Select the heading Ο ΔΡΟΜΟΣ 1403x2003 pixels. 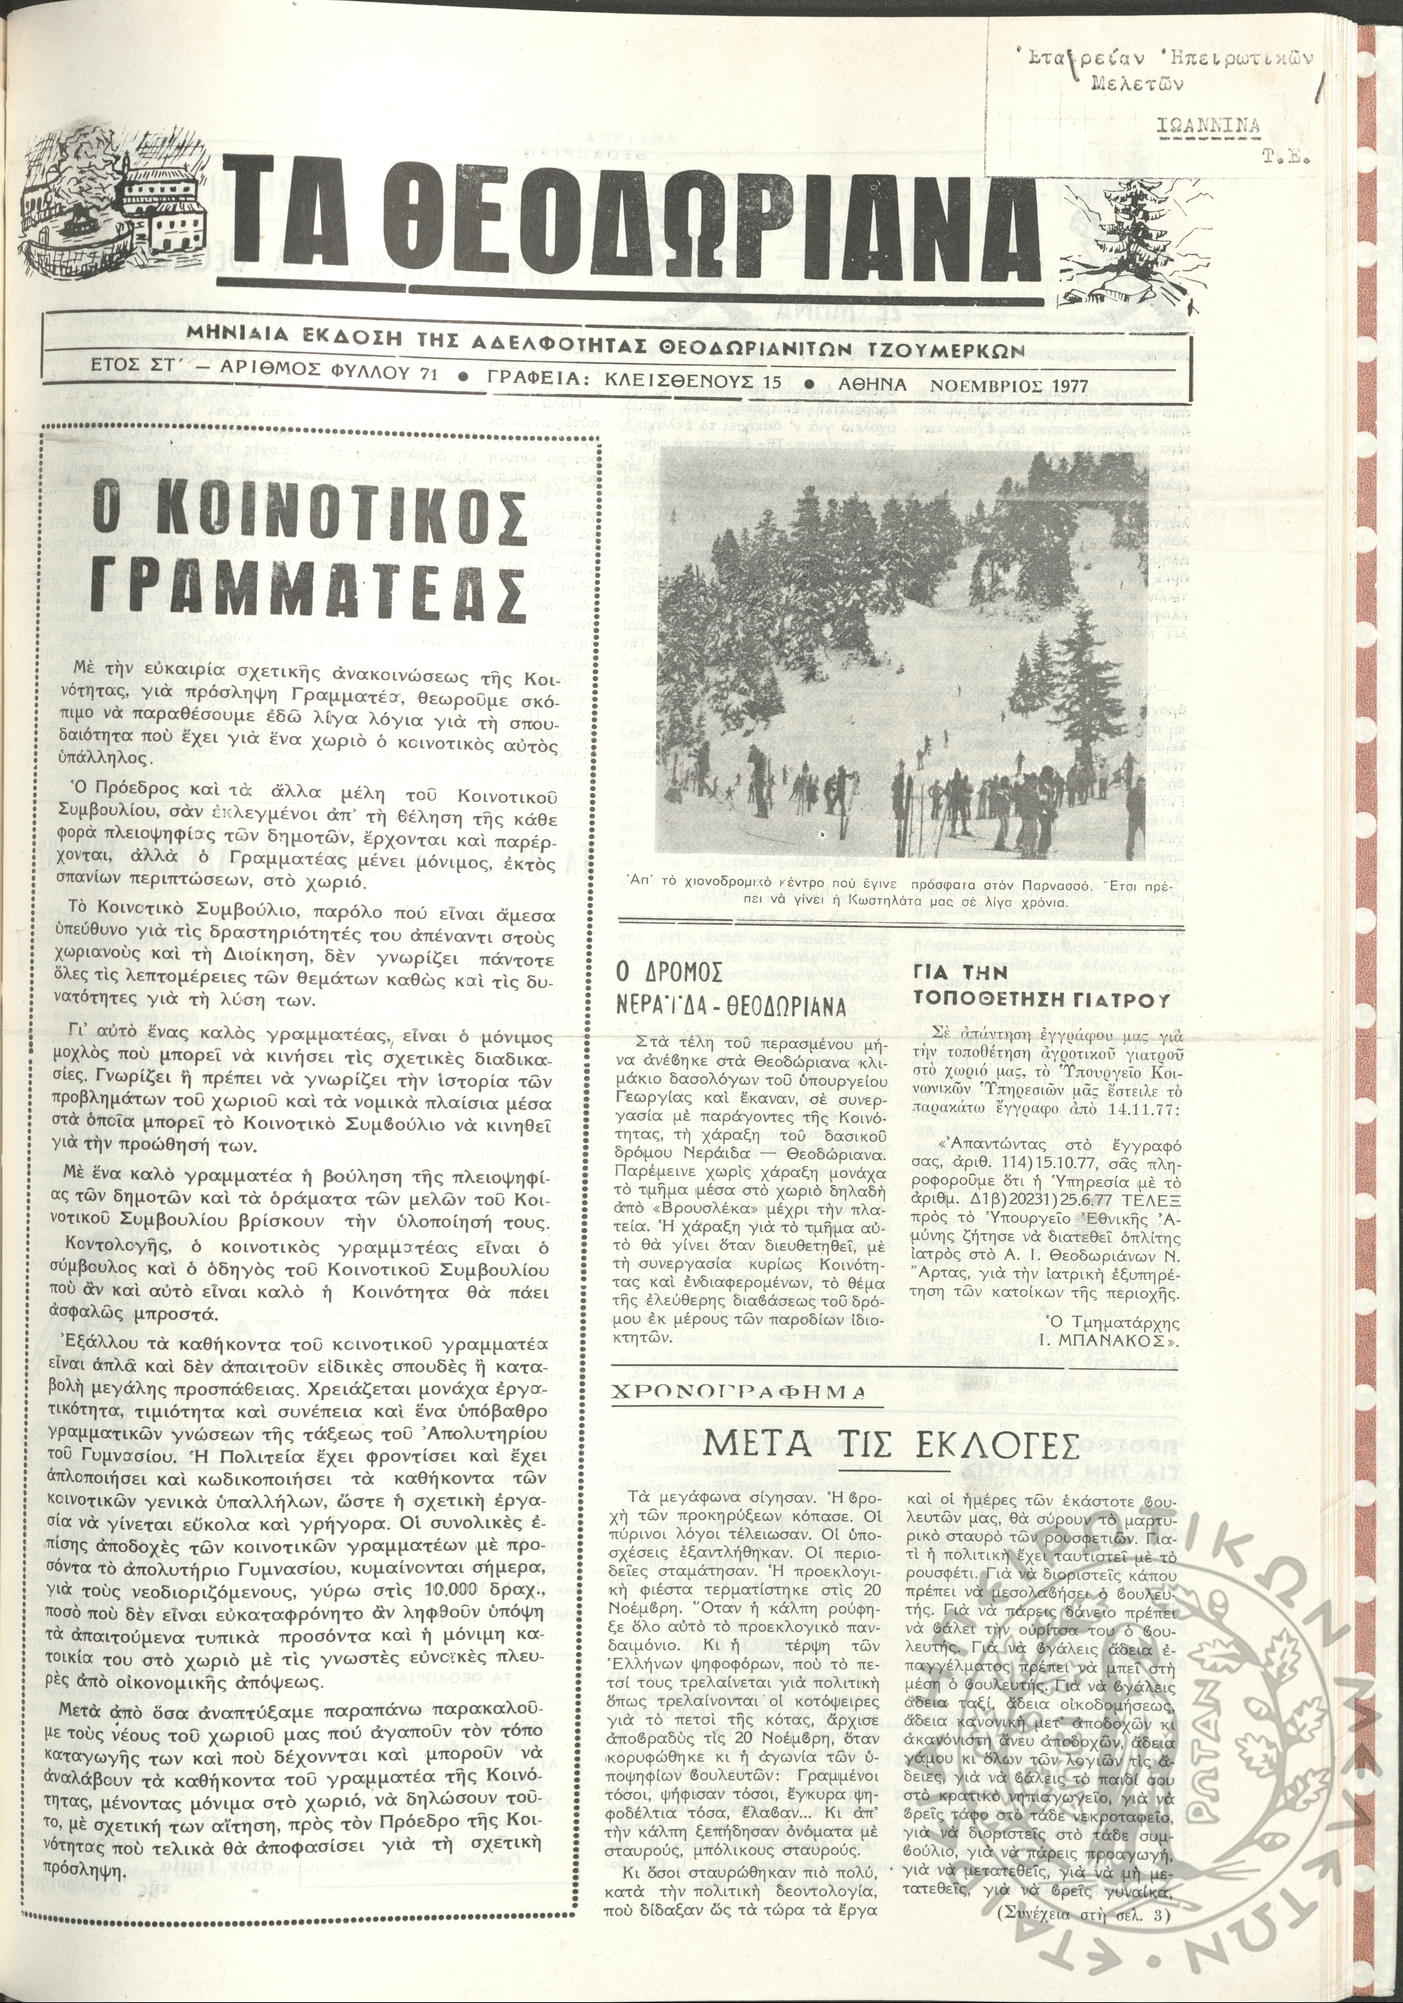click(x=666, y=973)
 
